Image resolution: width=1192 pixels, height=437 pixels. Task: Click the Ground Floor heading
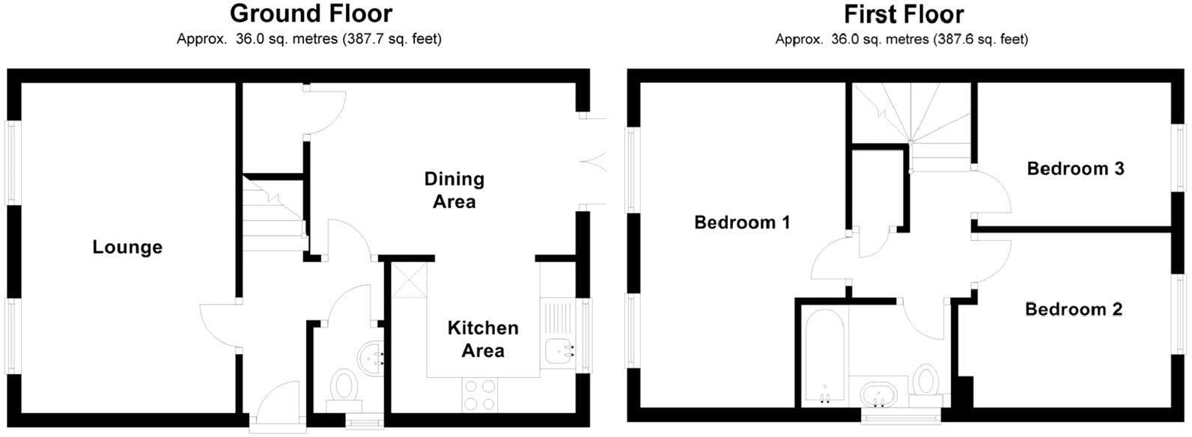click(x=310, y=13)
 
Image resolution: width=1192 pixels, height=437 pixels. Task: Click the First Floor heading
click(x=903, y=13)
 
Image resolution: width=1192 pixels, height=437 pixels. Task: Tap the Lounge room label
click(x=127, y=247)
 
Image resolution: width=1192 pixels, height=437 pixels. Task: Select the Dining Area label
click(x=454, y=190)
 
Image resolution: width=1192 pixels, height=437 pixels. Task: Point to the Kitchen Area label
click(x=483, y=339)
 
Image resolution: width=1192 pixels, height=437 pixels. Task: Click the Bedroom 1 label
click(x=742, y=222)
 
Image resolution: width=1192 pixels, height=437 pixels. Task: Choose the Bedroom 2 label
click(x=1073, y=309)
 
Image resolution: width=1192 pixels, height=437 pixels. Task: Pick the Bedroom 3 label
click(x=1075, y=168)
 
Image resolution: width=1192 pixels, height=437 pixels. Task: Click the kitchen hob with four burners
click(x=480, y=394)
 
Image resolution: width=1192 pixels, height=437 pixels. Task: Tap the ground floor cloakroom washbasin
click(x=373, y=352)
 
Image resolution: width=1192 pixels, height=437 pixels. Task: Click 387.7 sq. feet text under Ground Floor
click(x=391, y=39)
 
